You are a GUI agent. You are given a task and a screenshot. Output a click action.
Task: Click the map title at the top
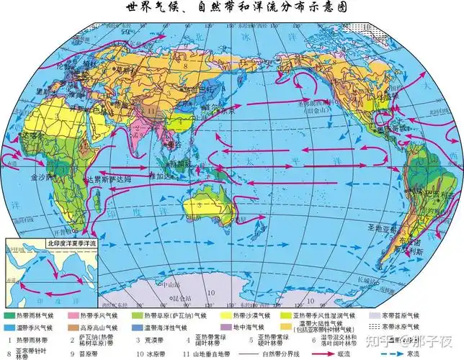[x=232, y=9]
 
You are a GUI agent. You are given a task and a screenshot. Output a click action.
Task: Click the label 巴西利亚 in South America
[x=440, y=195]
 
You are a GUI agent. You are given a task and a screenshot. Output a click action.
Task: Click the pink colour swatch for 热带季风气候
[x=71, y=315]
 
